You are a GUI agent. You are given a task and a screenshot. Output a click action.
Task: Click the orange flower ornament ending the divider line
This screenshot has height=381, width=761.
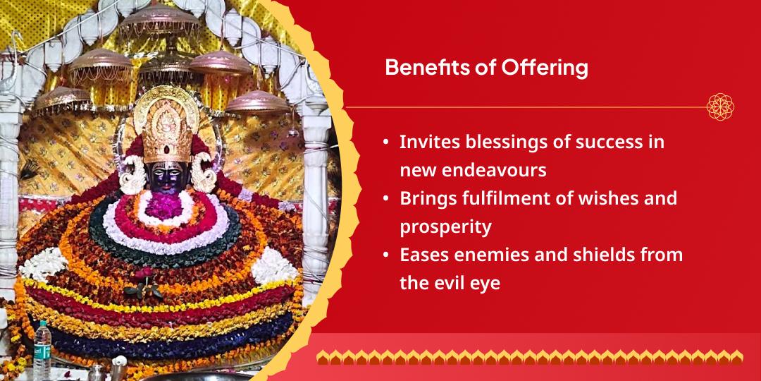720,107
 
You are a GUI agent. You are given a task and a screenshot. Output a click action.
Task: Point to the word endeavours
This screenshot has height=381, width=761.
496,170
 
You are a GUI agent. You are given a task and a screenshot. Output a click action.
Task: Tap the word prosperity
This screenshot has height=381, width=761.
445,227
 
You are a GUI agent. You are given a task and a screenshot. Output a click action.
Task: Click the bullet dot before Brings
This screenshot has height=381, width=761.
386,199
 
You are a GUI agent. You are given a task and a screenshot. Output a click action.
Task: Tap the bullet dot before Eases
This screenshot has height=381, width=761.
386,255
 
